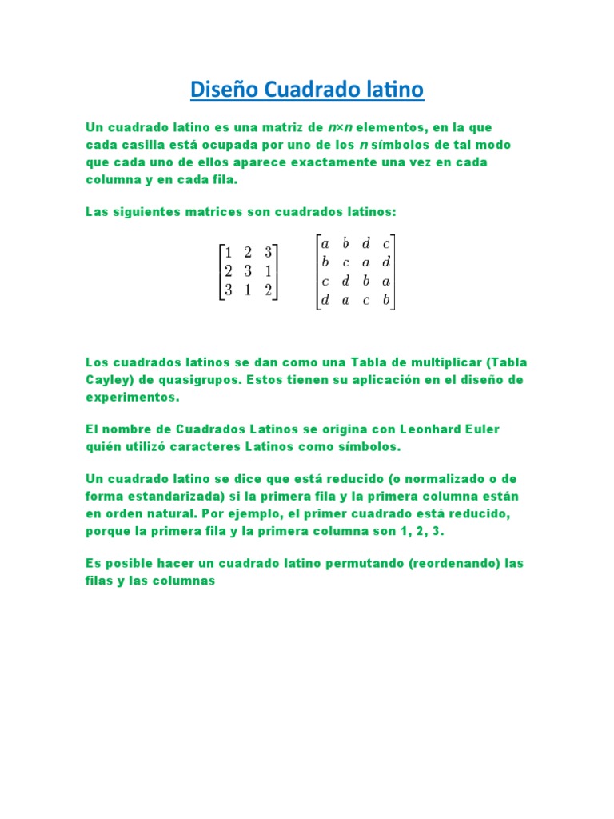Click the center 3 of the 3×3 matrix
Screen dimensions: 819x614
pyautogui.click(x=248, y=271)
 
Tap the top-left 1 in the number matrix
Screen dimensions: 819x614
pyautogui.click(x=228, y=253)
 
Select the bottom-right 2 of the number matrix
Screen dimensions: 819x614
pyautogui.click(x=268, y=290)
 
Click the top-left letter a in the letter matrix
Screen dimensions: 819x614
pyautogui.click(x=325, y=243)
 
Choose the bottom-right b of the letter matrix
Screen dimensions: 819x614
pyautogui.click(x=386, y=301)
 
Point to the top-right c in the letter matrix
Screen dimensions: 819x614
pyautogui.click(x=386, y=243)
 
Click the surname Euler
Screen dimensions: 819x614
pyautogui.click(x=476, y=429)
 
